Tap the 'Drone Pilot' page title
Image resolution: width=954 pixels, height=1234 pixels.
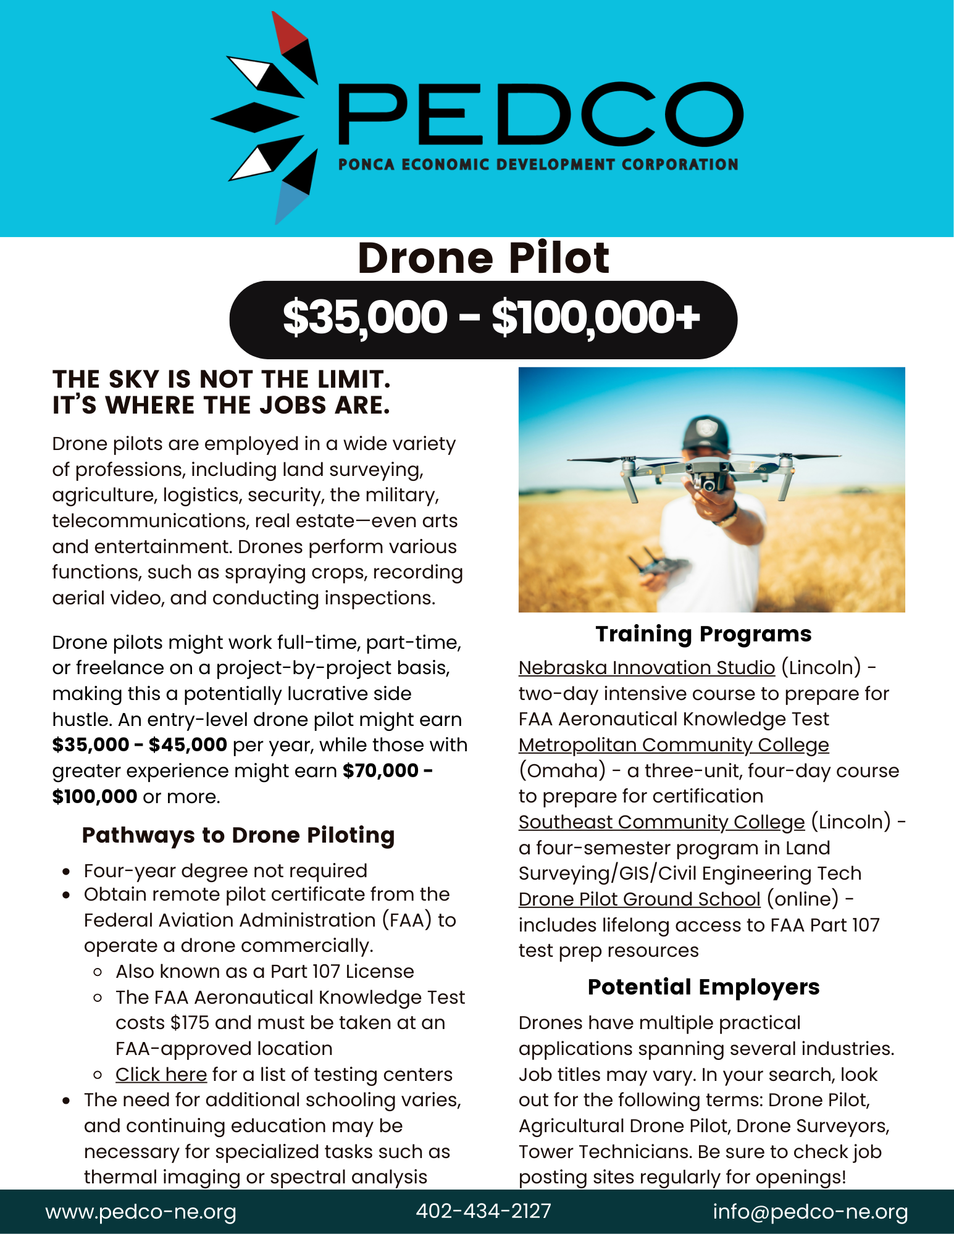click(x=483, y=258)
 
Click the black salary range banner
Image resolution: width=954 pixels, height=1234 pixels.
click(x=483, y=319)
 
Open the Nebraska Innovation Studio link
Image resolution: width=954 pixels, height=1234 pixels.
click(x=646, y=668)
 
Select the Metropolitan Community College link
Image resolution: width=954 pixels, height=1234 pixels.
click(x=674, y=745)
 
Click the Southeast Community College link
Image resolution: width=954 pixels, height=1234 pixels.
click(x=661, y=822)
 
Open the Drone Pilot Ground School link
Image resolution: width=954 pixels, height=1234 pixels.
click(x=639, y=899)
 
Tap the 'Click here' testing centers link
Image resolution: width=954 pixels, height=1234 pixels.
click(x=161, y=1075)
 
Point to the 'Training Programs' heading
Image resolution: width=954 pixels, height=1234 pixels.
click(x=703, y=634)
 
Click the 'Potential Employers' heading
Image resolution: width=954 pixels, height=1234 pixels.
click(x=703, y=987)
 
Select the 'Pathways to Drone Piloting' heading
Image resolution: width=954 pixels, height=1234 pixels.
click(x=238, y=835)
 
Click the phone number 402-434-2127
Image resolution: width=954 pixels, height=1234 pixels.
click(x=483, y=1211)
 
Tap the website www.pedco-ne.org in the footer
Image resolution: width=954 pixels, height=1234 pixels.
click(x=141, y=1212)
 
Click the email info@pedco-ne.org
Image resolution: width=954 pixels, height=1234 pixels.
click(x=810, y=1212)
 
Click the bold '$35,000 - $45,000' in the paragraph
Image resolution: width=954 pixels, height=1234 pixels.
click(x=140, y=745)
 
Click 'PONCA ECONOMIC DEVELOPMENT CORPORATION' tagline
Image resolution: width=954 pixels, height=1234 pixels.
click(x=538, y=165)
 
